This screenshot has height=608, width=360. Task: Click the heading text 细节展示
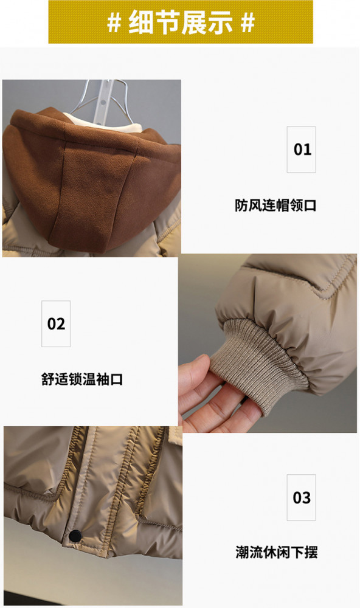[x=181, y=22]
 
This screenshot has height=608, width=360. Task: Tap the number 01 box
[x=301, y=150]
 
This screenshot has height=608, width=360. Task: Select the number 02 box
[x=56, y=323]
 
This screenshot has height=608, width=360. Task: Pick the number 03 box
[x=301, y=497]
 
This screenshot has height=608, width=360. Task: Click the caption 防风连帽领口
[x=275, y=205]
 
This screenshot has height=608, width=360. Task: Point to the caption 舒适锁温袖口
[x=82, y=379]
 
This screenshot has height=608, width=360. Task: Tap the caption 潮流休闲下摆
[x=276, y=552]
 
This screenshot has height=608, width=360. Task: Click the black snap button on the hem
[x=75, y=535]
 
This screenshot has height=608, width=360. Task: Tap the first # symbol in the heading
[x=114, y=22]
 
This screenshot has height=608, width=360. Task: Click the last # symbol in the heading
[x=247, y=22]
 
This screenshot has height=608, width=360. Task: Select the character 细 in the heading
[x=141, y=22]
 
